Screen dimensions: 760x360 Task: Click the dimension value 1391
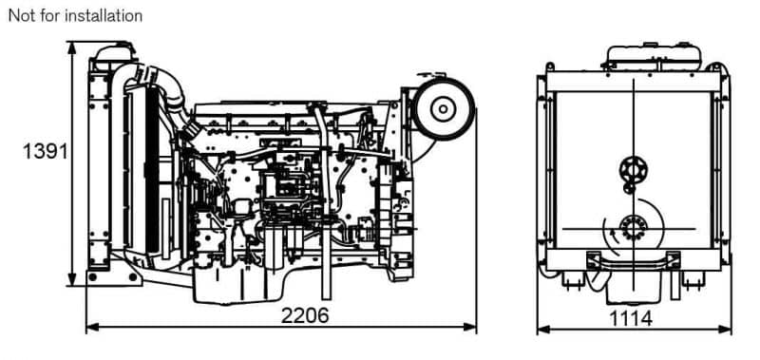[45, 152]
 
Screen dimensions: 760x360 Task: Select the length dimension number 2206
[305, 315]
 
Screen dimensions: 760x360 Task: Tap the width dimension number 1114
[630, 319]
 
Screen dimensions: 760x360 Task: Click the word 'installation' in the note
[104, 15]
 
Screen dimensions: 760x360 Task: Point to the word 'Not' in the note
[20, 15]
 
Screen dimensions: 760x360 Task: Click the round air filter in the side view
[443, 109]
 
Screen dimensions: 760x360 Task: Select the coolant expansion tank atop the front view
[654, 57]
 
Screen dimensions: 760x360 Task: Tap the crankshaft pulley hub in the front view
[633, 227]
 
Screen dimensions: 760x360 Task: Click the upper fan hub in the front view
[633, 170]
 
